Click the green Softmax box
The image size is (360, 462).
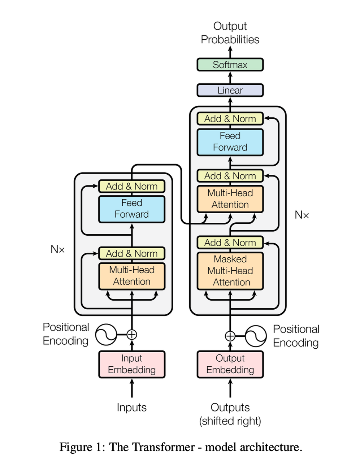coord(230,64)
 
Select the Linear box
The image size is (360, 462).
coord(230,90)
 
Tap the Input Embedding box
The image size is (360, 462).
coord(132,364)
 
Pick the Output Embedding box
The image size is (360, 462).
coord(230,364)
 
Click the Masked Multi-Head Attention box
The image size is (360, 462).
coord(230,271)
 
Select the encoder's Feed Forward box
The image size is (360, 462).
coord(132,209)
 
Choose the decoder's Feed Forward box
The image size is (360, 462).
coord(230,142)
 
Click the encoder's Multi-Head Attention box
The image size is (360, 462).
coord(132,276)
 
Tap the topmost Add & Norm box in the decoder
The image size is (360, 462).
coord(230,119)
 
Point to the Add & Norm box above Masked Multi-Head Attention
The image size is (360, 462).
coord(230,243)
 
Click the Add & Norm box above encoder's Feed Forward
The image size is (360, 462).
coord(132,186)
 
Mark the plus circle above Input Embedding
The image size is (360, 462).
coord(132,335)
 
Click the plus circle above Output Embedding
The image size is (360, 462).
coord(230,336)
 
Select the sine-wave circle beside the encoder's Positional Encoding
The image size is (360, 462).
coord(106,335)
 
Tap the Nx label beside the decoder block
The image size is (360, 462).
coord(302,215)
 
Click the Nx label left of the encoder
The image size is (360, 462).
coord(57,249)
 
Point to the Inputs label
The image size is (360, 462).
coord(132,407)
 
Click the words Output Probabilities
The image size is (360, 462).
coord(230,33)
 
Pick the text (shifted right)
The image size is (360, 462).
coord(230,421)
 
